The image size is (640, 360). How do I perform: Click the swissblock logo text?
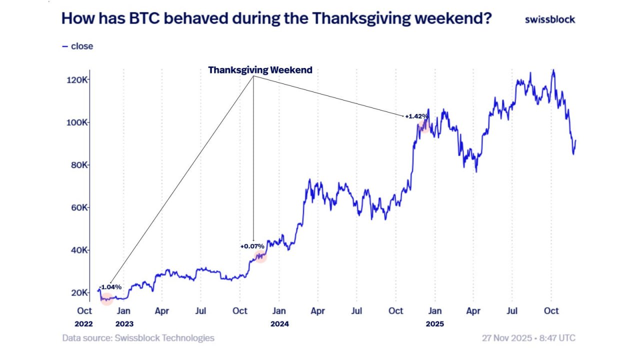550,19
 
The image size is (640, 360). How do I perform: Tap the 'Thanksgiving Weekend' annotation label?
260,70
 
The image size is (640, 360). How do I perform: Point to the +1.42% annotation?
416,116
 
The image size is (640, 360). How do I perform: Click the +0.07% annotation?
252,246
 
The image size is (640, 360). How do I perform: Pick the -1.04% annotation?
110,286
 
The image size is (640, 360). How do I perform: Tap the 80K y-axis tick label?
79,165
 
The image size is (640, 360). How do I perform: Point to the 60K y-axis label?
79,207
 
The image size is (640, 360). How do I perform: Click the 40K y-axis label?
79,250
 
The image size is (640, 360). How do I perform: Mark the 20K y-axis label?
79,292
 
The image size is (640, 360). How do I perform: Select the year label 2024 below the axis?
279,323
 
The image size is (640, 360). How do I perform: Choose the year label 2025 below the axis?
434,323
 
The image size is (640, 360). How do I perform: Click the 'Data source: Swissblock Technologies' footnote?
138,338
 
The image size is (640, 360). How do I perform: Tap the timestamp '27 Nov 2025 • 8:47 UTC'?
528,338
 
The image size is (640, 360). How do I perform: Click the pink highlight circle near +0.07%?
260,256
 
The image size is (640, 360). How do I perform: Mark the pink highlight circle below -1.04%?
107,299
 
